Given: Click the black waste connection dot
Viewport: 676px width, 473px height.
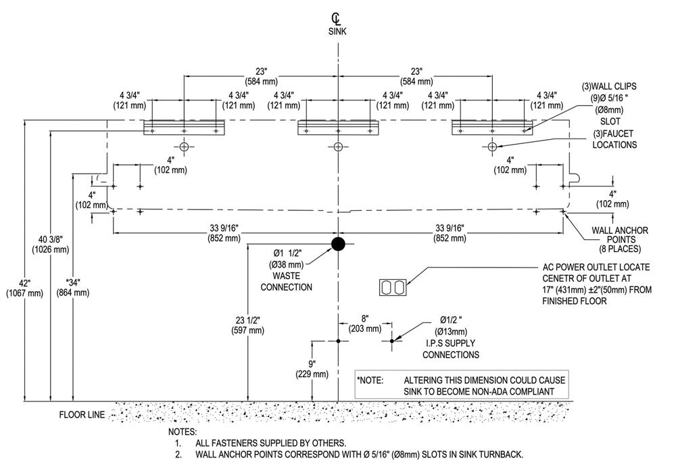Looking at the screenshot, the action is click(338, 244).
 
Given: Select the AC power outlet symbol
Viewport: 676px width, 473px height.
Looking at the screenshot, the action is click(393, 287).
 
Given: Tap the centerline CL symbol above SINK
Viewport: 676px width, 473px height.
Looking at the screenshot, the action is click(336, 19).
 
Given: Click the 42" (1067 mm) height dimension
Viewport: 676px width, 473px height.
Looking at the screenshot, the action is click(24, 289).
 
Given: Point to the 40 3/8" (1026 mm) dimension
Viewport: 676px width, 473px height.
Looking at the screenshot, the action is click(51, 244).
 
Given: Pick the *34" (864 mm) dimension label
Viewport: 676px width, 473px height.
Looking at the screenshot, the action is click(73, 287).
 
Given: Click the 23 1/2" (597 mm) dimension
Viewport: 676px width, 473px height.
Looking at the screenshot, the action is click(247, 325).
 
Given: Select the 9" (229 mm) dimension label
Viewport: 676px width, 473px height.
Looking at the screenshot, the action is click(312, 369).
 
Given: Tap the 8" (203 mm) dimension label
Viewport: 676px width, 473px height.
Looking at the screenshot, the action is click(365, 324).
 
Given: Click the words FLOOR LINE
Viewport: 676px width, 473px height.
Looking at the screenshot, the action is click(82, 415).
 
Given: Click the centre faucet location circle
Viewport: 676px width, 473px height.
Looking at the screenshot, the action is click(338, 147).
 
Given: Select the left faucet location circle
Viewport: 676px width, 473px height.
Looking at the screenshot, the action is click(184, 147).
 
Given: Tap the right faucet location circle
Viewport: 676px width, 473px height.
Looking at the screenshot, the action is click(492, 147).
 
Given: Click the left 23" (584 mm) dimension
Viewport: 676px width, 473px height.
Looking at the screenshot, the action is click(261, 76).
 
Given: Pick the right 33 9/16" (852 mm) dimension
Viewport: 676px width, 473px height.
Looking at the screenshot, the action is click(450, 233).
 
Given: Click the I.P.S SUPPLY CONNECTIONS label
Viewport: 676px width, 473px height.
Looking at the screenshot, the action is click(450, 349).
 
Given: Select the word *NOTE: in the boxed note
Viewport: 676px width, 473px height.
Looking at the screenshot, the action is click(370, 380).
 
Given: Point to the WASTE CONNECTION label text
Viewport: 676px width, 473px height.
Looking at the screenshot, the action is click(286, 281).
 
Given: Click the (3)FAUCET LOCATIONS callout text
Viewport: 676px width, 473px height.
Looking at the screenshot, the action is click(614, 139).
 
